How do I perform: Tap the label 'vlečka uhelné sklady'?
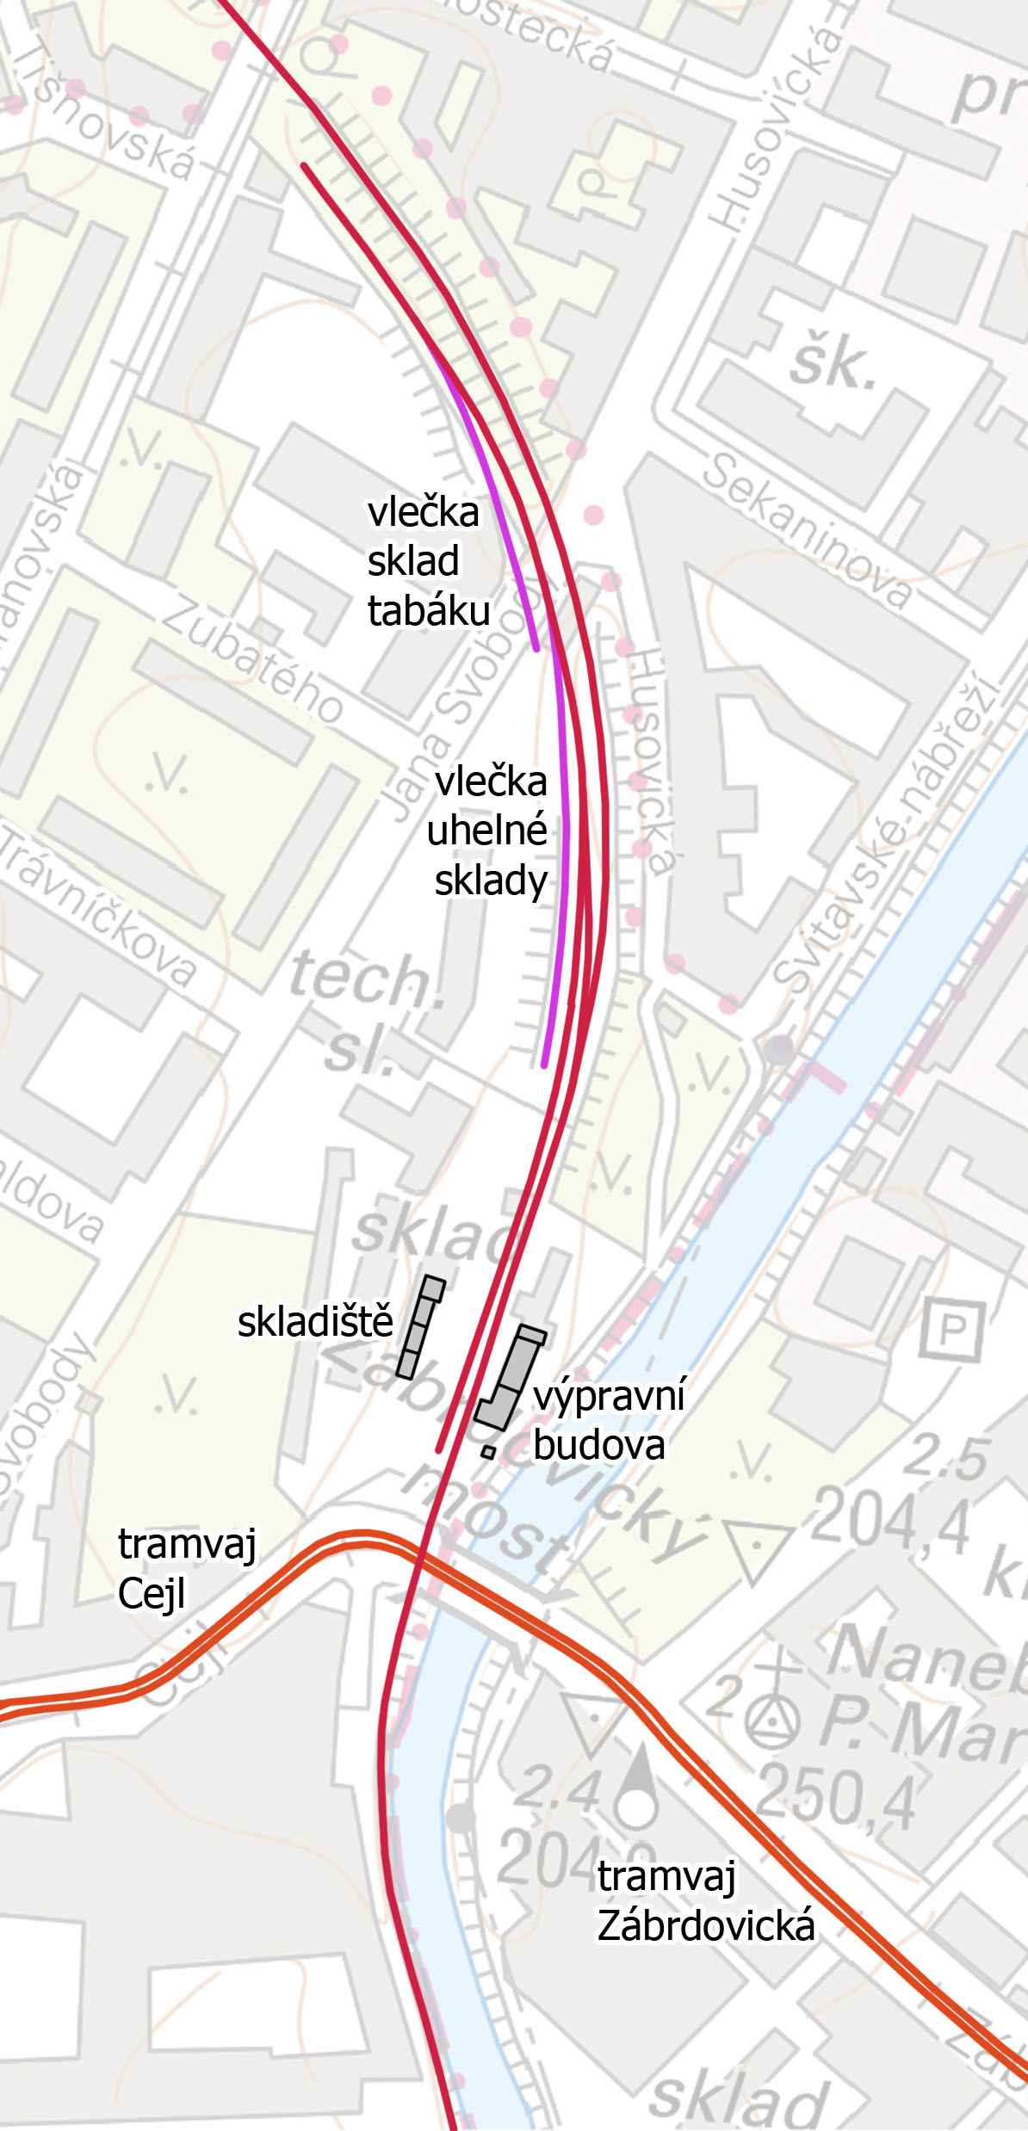click(x=490, y=831)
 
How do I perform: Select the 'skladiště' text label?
click(x=315, y=1322)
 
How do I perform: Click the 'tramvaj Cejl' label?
click(x=186, y=1568)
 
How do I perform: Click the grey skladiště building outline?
click(x=420, y=1326)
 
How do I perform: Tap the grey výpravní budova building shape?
click(x=513, y=1377)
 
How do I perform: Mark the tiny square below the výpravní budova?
click(x=488, y=1453)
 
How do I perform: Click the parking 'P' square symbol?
click(x=952, y=1330)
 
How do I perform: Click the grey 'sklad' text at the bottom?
click(x=738, y=2097)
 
